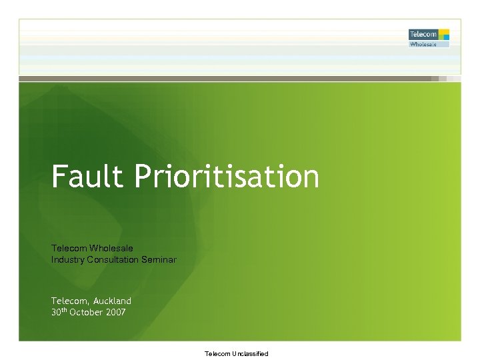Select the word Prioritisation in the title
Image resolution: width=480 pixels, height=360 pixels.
coord(227,177)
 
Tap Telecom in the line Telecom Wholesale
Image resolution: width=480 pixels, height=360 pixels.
coord(69,249)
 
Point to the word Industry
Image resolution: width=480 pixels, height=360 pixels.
coord(68,259)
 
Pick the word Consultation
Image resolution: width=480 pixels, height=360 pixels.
coord(113,259)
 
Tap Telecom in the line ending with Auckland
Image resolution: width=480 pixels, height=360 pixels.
coord(69,301)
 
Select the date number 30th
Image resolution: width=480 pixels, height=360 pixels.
coord(59,311)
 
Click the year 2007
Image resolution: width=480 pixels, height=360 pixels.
coord(114,312)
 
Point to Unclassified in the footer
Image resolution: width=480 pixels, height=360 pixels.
coord(249,354)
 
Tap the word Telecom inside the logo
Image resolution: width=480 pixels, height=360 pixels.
coord(423,34)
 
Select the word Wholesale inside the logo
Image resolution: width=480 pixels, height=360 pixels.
coord(423,44)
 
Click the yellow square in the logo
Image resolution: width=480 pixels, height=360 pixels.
coord(444,32)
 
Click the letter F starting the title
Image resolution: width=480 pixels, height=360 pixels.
coord(59,177)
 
